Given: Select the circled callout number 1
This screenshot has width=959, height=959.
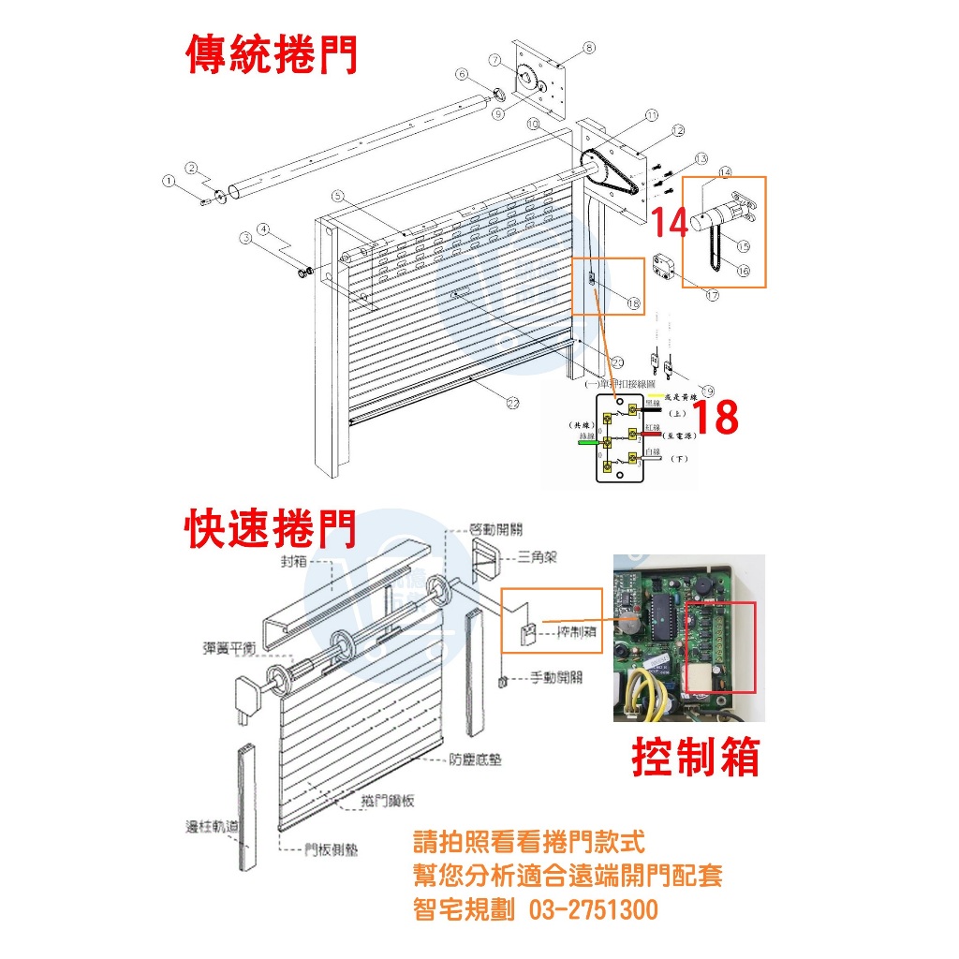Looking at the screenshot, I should click(170, 180).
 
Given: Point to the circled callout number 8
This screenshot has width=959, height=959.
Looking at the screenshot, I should click(588, 47).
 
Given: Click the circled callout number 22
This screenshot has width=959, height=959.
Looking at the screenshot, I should click(512, 403).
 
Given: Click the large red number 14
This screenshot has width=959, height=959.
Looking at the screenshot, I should click(671, 223).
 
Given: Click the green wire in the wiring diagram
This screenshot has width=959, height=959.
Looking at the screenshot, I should click(589, 443).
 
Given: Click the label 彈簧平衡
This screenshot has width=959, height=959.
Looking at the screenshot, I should click(229, 646).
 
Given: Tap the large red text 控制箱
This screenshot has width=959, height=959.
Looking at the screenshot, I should click(695, 757).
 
